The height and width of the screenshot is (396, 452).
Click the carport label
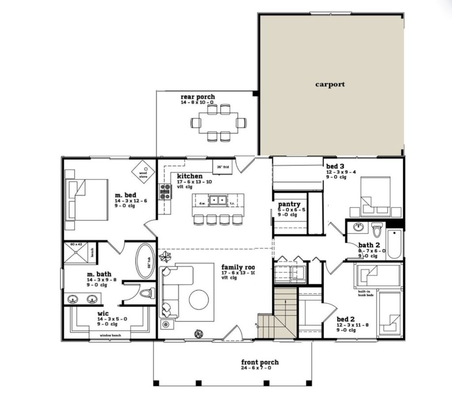click(x=330, y=84)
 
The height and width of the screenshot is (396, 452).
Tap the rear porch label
click(x=198, y=97)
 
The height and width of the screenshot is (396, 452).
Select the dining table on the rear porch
click(x=218, y=123)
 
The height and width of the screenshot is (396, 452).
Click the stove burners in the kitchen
click(x=165, y=192)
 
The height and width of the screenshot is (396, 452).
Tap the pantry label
click(x=289, y=204)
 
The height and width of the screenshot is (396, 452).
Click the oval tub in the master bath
click(x=145, y=261)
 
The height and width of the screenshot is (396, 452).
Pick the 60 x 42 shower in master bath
click(x=77, y=253)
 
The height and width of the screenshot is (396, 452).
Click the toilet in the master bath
click(x=147, y=293)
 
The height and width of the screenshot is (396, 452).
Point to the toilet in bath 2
click(x=377, y=230)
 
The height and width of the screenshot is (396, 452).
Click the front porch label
click(x=260, y=362)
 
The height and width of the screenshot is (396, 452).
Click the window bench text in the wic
click(x=110, y=336)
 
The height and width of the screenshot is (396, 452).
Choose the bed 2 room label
click(x=346, y=319)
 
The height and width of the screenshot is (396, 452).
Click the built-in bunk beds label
click(x=366, y=294)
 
